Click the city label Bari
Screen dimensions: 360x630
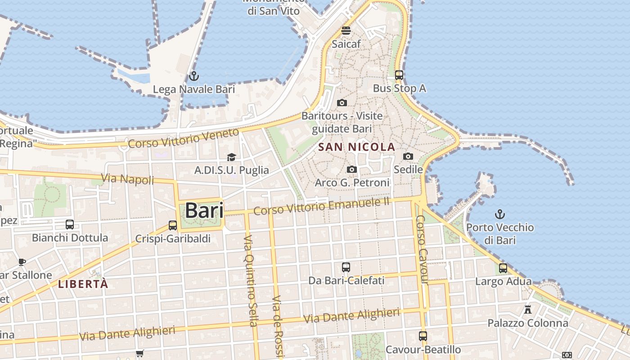coord(204,211)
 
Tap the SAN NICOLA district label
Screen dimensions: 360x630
coord(356,147)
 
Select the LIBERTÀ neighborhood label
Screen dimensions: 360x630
coord(83,284)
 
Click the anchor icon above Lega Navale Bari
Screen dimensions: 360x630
coord(194,76)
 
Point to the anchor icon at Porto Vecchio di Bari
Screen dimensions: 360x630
coord(499,214)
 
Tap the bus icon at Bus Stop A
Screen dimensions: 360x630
coord(399,75)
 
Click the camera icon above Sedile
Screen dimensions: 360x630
coord(408,156)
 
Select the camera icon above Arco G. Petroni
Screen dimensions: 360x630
coord(352,170)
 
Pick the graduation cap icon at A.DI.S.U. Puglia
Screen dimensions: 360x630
coord(231,157)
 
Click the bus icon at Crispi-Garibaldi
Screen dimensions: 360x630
coord(173,225)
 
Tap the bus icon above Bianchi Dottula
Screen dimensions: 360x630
coord(70,224)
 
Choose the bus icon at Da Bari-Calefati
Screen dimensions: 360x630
coord(346,267)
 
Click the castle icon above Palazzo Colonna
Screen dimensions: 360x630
coord(528,310)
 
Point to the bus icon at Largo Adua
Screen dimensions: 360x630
coord(503,268)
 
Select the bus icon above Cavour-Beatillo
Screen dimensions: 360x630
coord(423,336)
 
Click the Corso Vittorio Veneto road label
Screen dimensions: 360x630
coord(184,139)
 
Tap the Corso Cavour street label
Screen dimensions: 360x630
coord(421,250)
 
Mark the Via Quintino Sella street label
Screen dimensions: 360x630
coord(250,280)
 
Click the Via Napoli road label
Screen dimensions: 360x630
coord(128,179)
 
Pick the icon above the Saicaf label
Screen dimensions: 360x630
coord(346,31)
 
